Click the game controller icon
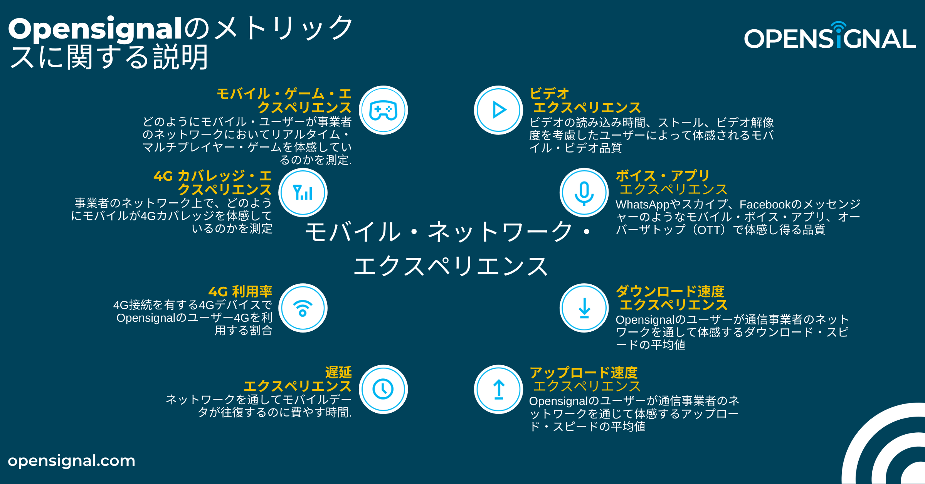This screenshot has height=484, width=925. click(x=383, y=110)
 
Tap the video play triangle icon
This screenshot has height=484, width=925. click(x=499, y=110)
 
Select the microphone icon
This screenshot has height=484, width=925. click(x=584, y=193)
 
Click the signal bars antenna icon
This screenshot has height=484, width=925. click(x=303, y=193)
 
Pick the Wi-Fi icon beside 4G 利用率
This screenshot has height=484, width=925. click(x=303, y=308)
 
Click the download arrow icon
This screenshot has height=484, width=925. click(x=584, y=308)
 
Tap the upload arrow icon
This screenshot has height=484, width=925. click(x=499, y=389)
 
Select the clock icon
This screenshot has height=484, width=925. click(x=383, y=389)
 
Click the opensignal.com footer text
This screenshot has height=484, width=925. click(x=72, y=461)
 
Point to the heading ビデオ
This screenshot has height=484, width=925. click(x=549, y=94)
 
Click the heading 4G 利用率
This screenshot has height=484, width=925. click(x=240, y=291)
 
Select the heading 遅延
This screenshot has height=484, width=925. click(x=338, y=372)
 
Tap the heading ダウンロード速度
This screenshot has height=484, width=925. click(x=670, y=291)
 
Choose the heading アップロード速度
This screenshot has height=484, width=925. click(x=584, y=373)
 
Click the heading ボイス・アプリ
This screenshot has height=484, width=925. click(x=663, y=176)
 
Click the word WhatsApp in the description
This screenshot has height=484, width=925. click(x=642, y=205)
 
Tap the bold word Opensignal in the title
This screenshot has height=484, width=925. click(x=95, y=29)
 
